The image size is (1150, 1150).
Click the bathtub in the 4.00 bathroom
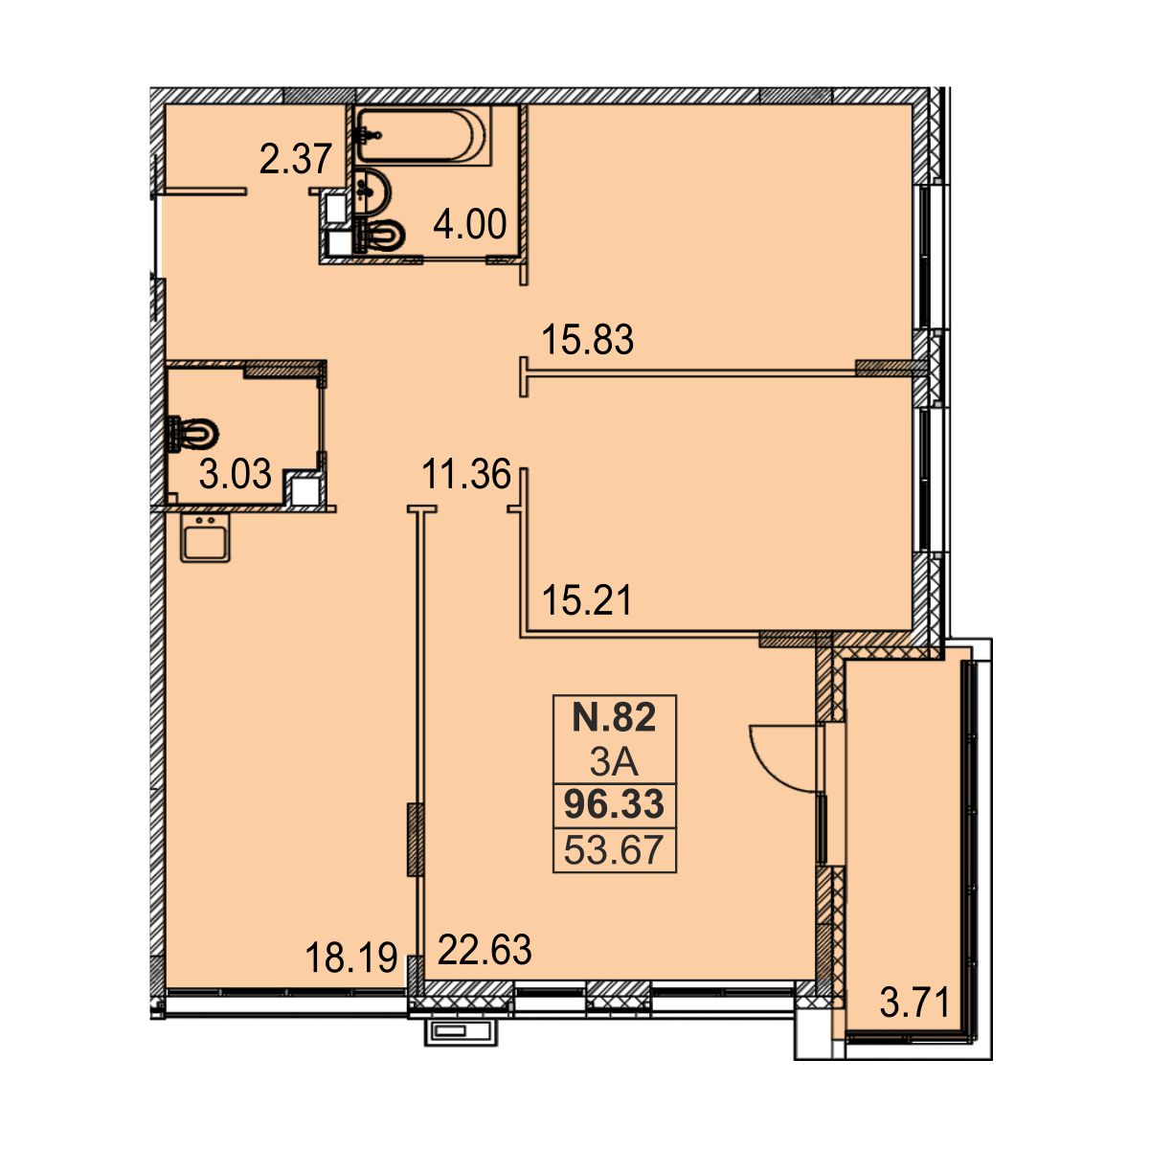422,135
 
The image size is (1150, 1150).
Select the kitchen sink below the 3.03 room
205,537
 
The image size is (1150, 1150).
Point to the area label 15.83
587,340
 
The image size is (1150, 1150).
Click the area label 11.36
466,474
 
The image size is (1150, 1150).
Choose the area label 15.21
587,601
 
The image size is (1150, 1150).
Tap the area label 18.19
350,958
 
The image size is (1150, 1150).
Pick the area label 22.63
484,950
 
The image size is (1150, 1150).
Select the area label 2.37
296,160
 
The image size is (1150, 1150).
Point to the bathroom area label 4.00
469,224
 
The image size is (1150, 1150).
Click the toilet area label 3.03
236,475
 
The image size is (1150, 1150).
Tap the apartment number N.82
614,717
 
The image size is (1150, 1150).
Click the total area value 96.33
614,805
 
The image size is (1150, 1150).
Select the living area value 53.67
614,850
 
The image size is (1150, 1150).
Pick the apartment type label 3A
614,762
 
